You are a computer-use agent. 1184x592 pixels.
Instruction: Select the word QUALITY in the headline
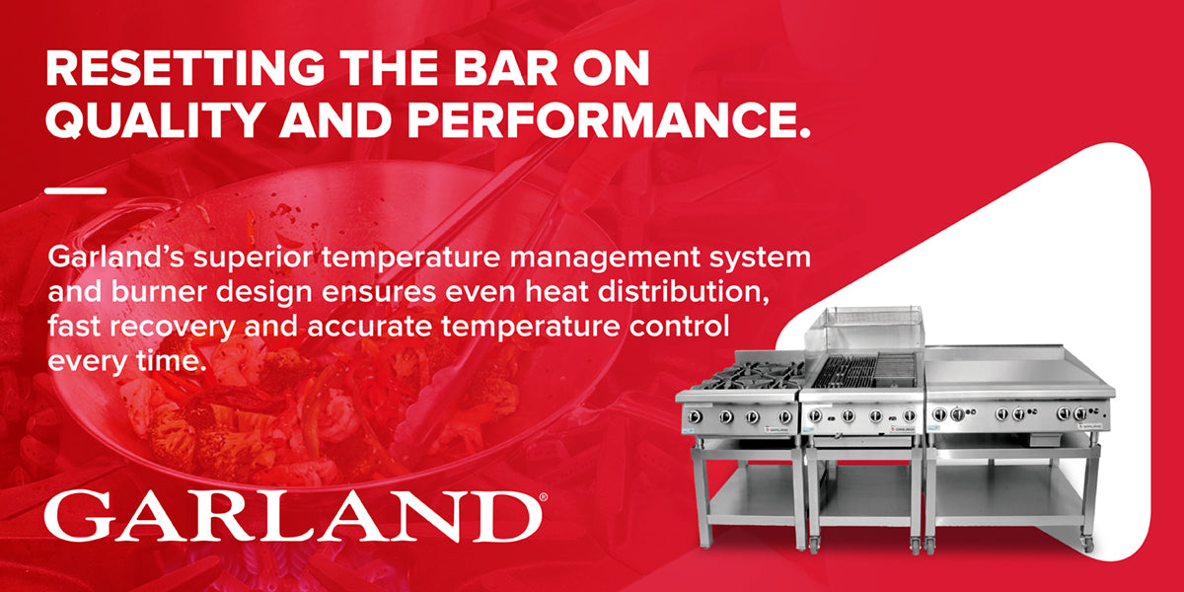point(154,120)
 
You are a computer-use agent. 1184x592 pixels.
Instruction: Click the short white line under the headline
point(76,190)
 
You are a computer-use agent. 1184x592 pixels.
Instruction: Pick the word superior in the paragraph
point(253,259)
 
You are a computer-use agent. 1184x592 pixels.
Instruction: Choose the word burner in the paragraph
point(159,292)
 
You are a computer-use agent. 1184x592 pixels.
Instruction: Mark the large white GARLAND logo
point(292,516)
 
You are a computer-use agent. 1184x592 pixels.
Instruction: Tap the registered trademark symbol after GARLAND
point(544,497)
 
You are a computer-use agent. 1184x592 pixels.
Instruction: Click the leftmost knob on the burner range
point(694,417)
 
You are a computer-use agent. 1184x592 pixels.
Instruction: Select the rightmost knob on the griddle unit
point(1081,412)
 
